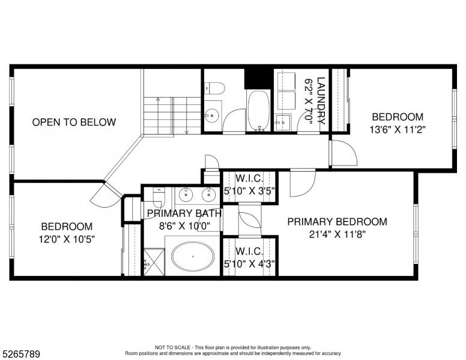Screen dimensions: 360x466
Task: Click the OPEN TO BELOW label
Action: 74,122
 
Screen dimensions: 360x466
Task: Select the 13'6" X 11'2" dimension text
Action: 398,128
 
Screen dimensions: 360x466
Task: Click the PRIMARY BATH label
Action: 184,213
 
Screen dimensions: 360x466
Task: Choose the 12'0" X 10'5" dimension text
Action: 67,238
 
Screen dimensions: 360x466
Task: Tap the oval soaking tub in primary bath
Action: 193,256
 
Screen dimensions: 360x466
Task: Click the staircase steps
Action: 172,115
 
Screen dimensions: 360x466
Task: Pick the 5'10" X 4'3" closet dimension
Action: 249,263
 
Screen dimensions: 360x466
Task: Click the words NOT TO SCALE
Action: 173,347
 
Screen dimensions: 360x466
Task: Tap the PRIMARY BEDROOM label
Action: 337,222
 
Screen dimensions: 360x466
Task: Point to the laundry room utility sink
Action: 282,122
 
